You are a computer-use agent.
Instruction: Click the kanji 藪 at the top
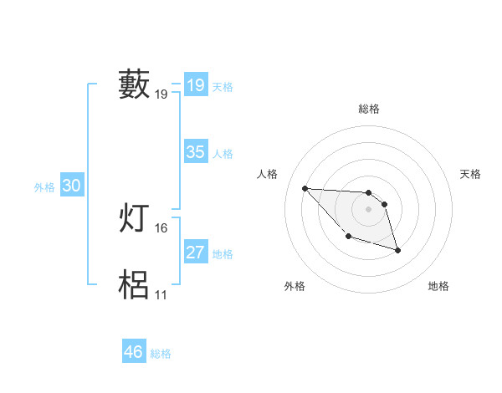(134, 85)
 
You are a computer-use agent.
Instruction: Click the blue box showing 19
(195, 85)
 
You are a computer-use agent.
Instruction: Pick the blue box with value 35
(195, 152)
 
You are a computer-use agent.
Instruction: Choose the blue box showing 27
(195, 253)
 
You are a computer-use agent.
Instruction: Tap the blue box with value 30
(71, 186)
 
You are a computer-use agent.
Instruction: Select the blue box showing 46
(133, 352)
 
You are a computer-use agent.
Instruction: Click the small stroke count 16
(161, 227)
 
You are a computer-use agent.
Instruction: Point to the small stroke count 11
(161, 294)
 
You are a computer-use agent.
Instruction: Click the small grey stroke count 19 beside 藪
(161, 94)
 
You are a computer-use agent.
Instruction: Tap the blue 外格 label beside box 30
(44, 187)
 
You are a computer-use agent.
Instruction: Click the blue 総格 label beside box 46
(161, 354)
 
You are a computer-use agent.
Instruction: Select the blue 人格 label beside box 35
(223, 154)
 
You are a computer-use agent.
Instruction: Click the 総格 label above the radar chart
(368, 109)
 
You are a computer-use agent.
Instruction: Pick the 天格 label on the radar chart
(471, 174)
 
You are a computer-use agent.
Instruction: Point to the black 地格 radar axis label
(438, 286)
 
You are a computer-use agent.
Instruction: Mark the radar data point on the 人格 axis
(305, 188)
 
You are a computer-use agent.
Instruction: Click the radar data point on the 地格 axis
(397, 250)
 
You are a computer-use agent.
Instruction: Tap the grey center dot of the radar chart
(368, 209)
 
